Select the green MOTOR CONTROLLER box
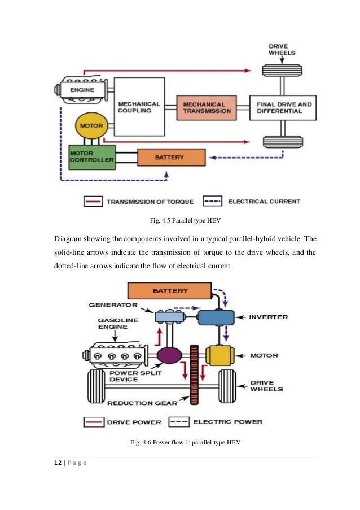point(91,156)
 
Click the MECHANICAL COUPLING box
point(139,107)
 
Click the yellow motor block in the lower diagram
point(218,355)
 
